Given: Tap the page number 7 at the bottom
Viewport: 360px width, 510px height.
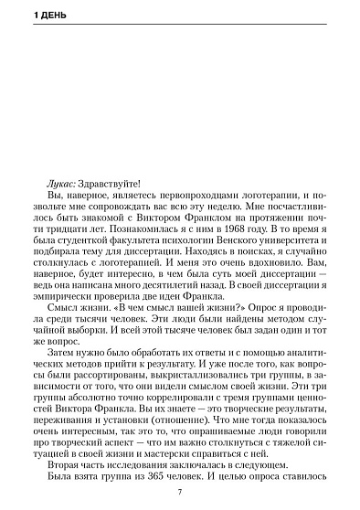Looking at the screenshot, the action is point(180,494).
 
